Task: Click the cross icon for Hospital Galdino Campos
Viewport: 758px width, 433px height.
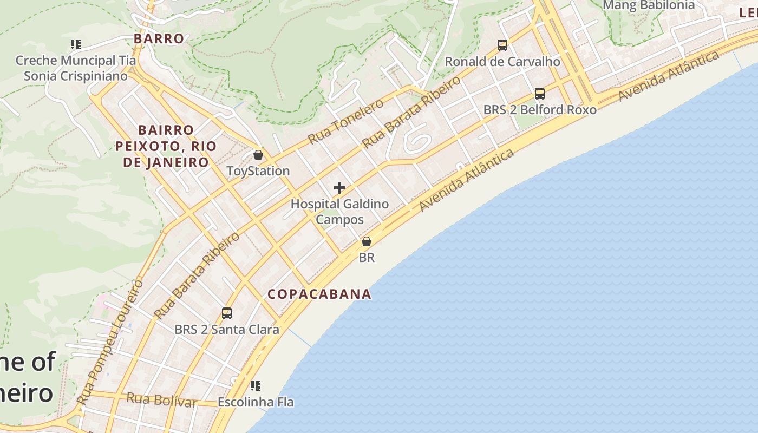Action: pyautogui.click(x=339, y=188)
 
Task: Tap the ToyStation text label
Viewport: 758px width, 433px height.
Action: pyautogui.click(x=258, y=171)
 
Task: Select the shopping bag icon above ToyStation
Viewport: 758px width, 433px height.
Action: pyautogui.click(x=258, y=155)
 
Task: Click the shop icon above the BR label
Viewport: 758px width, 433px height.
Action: pyautogui.click(x=367, y=241)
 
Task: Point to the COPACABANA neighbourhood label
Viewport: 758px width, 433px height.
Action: pyautogui.click(x=319, y=294)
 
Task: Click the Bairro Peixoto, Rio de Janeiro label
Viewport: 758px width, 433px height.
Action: pyautogui.click(x=166, y=146)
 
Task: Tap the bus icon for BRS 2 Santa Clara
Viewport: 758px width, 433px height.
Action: pyautogui.click(x=227, y=313)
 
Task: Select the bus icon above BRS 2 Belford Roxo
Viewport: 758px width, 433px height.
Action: pyautogui.click(x=540, y=94)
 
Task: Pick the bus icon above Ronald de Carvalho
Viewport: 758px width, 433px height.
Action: pyautogui.click(x=502, y=45)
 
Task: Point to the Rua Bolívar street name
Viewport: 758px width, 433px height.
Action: pyautogui.click(x=162, y=401)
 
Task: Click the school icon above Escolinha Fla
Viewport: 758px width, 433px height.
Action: pyautogui.click(x=256, y=386)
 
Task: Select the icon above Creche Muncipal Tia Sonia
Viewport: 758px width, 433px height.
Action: pyautogui.click(x=76, y=44)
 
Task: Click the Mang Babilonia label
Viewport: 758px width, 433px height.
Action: pyautogui.click(x=648, y=5)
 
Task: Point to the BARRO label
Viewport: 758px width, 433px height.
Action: pyautogui.click(x=159, y=39)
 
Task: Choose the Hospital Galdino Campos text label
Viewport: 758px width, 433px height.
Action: pyautogui.click(x=339, y=212)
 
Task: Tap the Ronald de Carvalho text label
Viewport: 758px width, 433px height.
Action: pyautogui.click(x=502, y=62)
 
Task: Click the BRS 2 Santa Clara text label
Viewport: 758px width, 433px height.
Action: pyautogui.click(x=227, y=329)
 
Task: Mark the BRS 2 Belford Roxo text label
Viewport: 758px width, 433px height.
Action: pyautogui.click(x=540, y=110)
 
